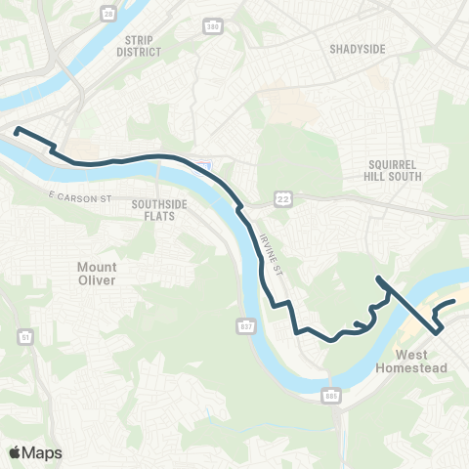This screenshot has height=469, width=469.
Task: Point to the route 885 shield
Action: click(331, 395)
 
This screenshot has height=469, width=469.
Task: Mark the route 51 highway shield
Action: click(22, 337)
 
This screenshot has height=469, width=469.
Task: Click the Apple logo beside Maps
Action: click(16, 452)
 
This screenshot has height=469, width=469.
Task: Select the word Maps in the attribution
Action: click(43, 452)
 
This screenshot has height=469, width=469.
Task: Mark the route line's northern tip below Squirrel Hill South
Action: click(378, 279)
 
